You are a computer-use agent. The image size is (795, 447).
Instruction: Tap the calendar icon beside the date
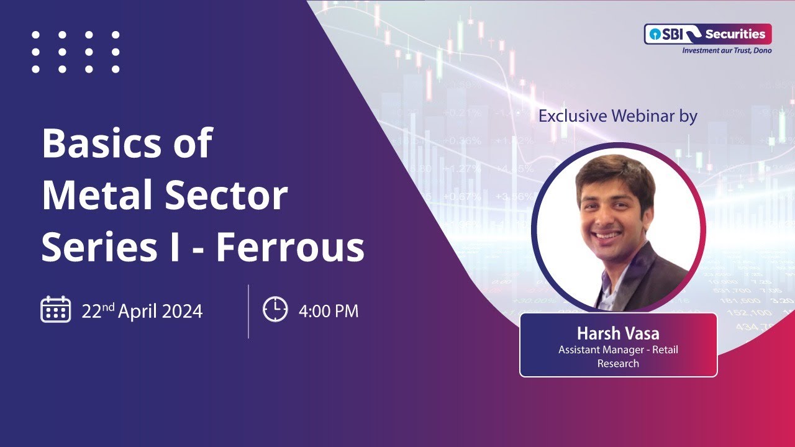pos(55,309)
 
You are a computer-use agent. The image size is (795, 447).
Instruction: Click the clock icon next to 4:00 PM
pos(275,309)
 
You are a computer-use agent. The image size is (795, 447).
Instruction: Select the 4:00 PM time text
pos(328,310)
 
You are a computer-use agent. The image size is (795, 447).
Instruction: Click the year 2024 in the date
pos(182,310)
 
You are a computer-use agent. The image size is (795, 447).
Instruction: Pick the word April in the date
pos(138,310)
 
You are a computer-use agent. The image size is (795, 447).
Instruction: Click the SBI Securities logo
pos(707,34)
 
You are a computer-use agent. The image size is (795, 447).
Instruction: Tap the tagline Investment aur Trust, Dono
pos(727,50)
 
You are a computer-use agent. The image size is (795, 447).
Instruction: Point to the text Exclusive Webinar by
pos(617,116)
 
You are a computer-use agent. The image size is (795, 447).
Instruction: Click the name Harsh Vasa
pos(618,334)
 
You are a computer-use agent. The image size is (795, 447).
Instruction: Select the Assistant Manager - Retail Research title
pos(618,356)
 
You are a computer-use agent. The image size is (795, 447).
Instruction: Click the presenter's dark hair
pos(615,171)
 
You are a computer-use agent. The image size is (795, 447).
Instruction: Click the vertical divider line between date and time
pos(248,311)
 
